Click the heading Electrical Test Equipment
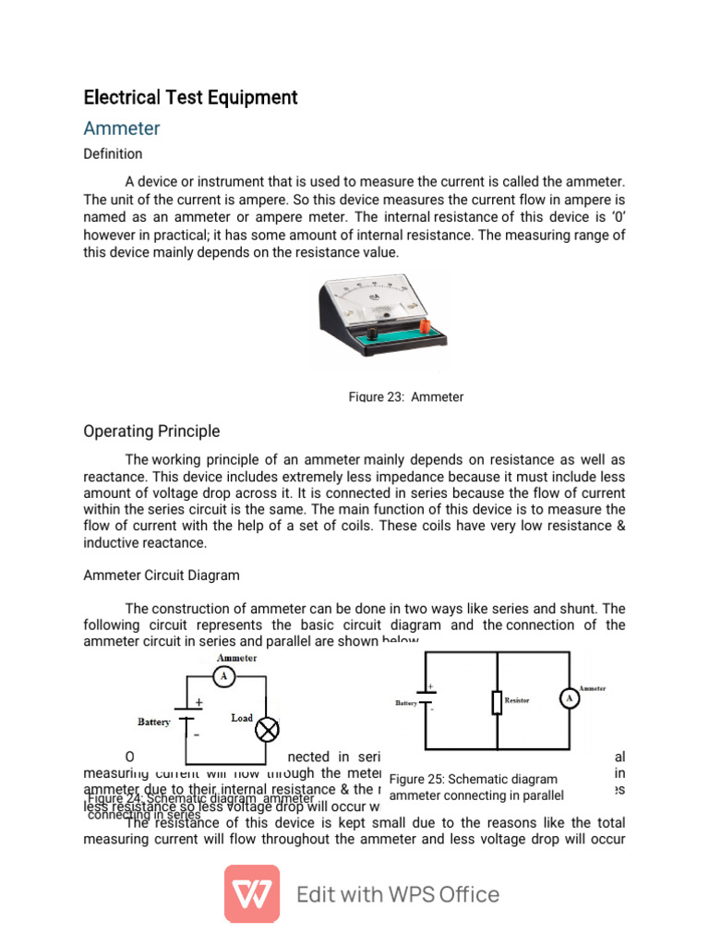190,97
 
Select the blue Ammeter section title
122,127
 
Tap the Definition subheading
113,153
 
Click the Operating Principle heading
151,431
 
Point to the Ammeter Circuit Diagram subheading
162,575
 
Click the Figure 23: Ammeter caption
405,396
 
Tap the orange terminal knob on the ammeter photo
425,328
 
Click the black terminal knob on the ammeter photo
375,331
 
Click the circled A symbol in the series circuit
222,677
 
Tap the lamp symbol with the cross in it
267,731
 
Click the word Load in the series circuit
242,718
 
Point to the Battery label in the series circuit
154,722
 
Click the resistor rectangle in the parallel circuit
497,702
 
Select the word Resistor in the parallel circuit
517,701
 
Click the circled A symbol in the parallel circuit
570,699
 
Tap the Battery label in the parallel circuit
406,703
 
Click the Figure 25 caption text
476,787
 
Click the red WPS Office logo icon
252,893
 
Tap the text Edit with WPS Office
397,894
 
